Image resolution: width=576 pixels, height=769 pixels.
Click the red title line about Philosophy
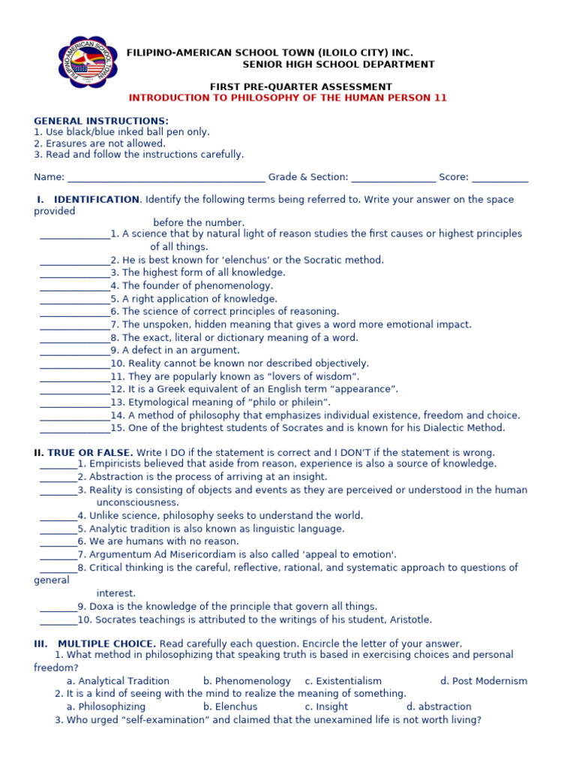(288, 98)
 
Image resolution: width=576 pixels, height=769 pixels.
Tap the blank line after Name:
(166, 179)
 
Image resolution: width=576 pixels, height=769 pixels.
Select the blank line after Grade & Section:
(393, 179)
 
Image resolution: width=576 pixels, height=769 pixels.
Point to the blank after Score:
(500, 179)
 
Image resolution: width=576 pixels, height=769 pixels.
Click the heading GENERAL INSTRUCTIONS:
(101, 121)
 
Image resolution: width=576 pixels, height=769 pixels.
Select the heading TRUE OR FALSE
(91, 453)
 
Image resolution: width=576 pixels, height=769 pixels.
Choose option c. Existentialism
(343, 681)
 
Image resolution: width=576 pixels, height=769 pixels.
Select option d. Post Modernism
(484, 681)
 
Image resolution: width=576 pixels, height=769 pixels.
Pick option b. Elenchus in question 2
(230, 707)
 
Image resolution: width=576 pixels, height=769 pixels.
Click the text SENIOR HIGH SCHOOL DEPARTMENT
(338, 65)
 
